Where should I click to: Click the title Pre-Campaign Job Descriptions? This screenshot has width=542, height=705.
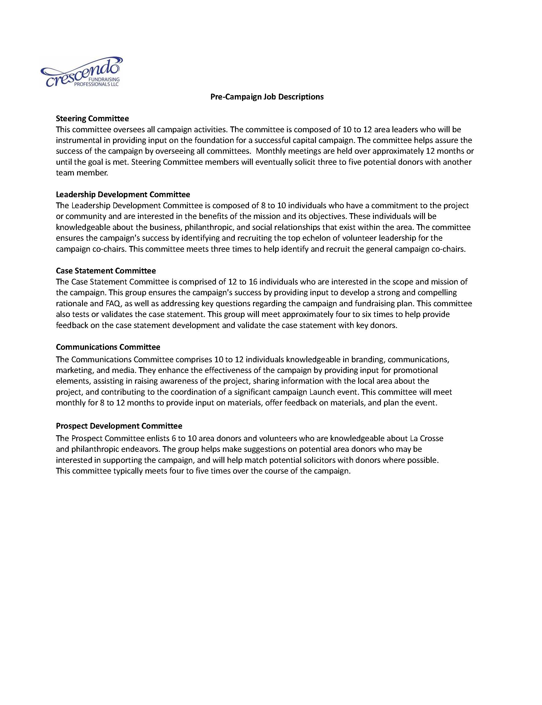click(x=267, y=97)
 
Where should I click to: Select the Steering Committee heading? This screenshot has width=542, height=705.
click(x=92, y=119)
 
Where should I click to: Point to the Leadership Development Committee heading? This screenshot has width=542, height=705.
click(x=123, y=194)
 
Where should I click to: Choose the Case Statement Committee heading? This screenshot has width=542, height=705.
click(x=106, y=271)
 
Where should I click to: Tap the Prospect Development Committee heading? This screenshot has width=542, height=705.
click(x=119, y=426)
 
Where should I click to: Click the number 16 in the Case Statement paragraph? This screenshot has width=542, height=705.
click(x=253, y=282)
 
